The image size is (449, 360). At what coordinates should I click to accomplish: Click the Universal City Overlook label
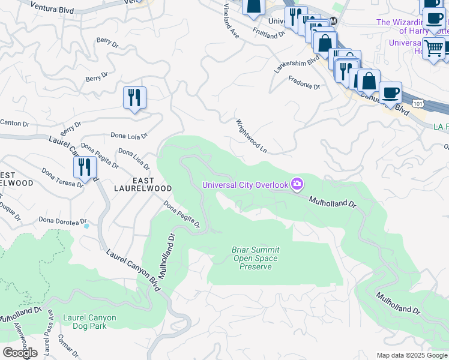[x=245, y=185]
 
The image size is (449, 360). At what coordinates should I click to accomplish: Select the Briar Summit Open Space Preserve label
[x=255, y=258]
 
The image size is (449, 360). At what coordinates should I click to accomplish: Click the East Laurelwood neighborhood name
[x=143, y=184]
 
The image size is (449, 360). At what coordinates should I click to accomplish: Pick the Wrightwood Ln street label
[x=251, y=134]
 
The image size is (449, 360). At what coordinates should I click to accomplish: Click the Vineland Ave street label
[x=231, y=22]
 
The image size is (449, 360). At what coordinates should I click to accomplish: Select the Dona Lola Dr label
[x=129, y=136]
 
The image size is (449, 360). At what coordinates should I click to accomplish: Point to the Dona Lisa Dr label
[x=133, y=159]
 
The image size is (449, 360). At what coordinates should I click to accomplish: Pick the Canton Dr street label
[x=14, y=124]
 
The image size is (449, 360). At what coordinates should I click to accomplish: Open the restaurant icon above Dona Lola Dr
[x=134, y=97]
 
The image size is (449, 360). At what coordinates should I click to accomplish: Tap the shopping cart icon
[x=433, y=48]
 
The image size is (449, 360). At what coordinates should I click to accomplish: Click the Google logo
[x=19, y=353]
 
